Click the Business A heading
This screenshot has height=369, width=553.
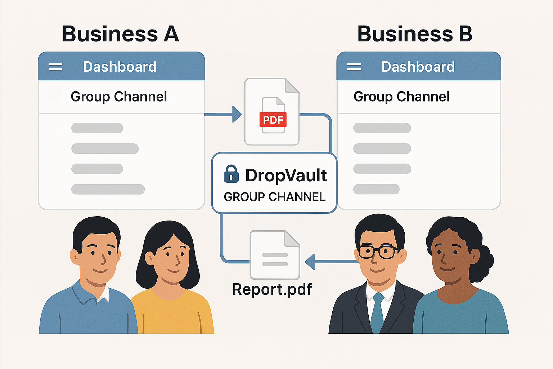121,34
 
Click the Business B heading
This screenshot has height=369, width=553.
414,34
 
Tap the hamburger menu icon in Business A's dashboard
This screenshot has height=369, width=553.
55,67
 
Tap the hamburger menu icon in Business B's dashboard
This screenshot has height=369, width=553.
354,67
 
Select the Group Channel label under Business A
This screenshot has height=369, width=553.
119,97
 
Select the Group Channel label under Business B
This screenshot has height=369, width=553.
401,97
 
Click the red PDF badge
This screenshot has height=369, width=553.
273,120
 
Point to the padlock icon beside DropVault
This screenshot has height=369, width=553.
231,174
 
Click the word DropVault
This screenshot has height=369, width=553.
286,175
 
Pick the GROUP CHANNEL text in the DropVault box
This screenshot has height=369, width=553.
275,197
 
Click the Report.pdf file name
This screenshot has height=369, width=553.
272,289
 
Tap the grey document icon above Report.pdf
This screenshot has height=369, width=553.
275,255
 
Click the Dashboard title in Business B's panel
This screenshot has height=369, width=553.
418,67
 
